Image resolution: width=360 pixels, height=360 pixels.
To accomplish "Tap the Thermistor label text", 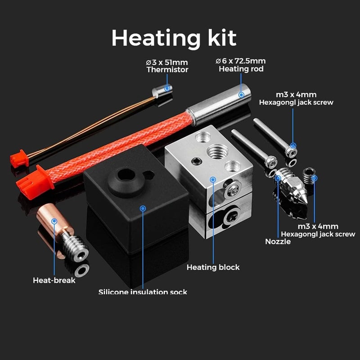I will [x=167, y=70].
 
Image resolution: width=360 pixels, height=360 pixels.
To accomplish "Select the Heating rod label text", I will [x=241, y=69].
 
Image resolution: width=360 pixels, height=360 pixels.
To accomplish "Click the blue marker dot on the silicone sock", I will [x=143, y=209].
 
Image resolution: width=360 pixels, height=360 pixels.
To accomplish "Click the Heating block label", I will [x=213, y=267].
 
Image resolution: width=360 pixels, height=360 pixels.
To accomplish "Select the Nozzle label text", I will [x=278, y=242].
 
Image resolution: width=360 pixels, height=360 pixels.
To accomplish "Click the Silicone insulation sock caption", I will [x=143, y=292].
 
